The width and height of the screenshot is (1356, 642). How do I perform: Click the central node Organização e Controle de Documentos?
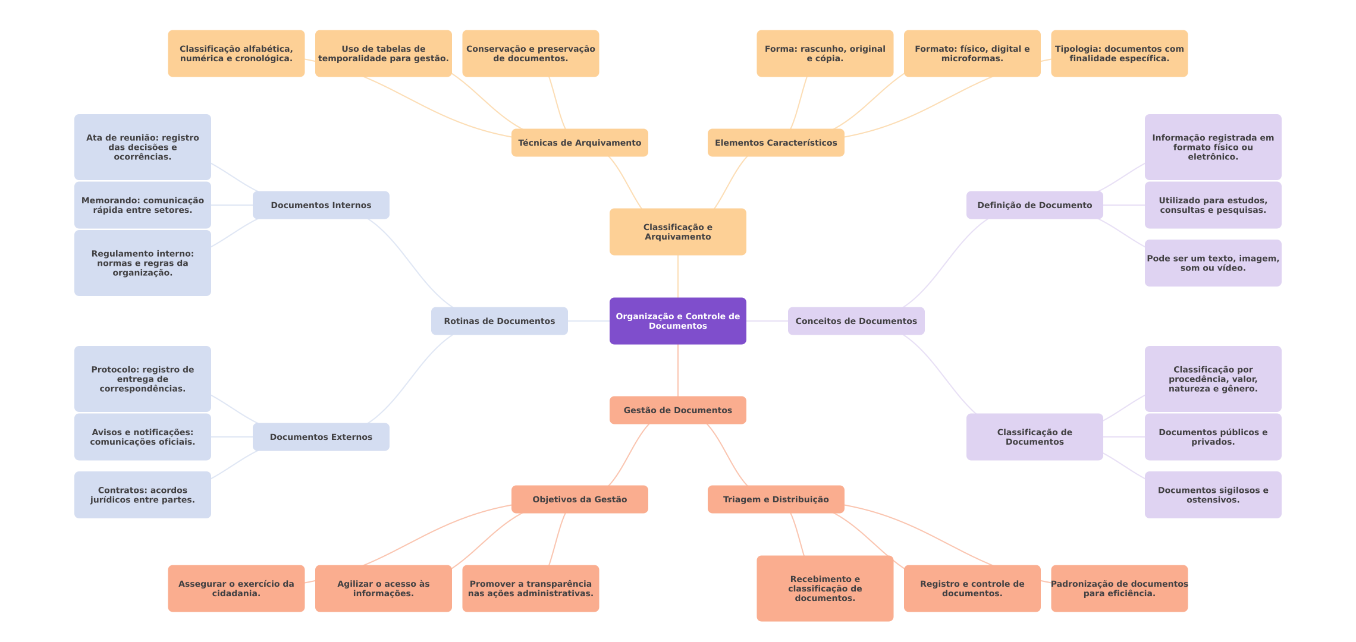pyautogui.click(x=678, y=321)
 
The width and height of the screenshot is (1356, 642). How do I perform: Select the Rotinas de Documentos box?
pyautogui.click(x=500, y=321)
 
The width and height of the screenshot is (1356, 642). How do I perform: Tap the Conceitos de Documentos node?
pyautogui.click(x=856, y=321)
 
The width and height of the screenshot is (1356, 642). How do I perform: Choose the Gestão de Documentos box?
pyautogui.click(x=678, y=410)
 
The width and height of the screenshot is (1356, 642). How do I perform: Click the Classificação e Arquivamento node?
pyautogui.click(x=678, y=232)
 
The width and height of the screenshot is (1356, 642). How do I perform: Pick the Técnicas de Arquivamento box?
pyautogui.click(x=580, y=143)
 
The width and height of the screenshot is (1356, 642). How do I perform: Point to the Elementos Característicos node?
pyautogui.click(x=776, y=143)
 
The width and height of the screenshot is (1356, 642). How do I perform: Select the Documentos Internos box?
pyautogui.click(x=321, y=205)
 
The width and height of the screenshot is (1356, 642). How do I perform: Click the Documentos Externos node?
pyautogui.click(x=321, y=437)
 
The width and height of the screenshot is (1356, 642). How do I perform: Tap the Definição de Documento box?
pyautogui.click(x=1035, y=205)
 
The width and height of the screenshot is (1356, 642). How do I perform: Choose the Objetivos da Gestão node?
pyautogui.click(x=580, y=499)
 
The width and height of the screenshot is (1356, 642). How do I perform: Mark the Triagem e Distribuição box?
pyautogui.click(x=776, y=499)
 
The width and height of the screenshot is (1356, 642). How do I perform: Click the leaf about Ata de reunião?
pyautogui.click(x=143, y=147)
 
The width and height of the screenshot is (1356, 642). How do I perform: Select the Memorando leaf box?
pyautogui.click(x=143, y=205)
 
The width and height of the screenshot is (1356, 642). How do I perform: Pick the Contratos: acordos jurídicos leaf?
pyautogui.click(x=143, y=495)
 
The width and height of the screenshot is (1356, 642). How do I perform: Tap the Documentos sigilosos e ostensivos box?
pyautogui.click(x=1213, y=495)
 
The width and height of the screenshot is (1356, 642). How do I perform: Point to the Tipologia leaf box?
pyautogui.click(x=1119, y=53)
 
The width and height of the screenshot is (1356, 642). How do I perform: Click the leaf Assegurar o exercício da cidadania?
pyautogui.click(x=236, y=588)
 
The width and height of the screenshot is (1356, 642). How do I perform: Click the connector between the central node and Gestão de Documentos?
pyautogui.click(x=678, y=370)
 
